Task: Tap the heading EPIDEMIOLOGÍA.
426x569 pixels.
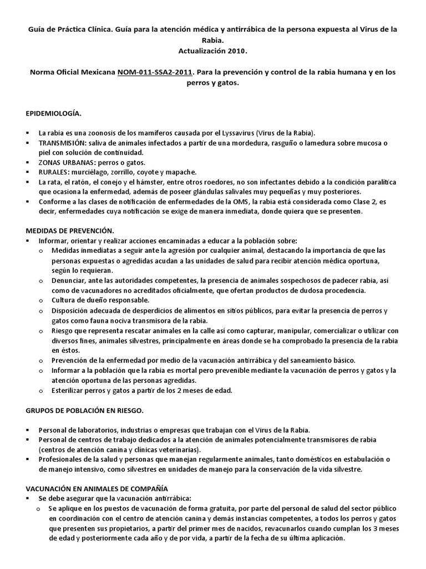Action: click(x=54, y=113)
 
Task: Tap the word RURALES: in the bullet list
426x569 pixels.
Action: click(x=54, y=172)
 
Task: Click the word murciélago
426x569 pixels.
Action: click(x=88, y=172)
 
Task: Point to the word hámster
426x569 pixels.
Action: click(x=168, y=182)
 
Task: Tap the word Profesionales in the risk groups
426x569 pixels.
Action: click(x=59, y=459)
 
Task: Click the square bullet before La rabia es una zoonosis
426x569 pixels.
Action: click(x=28, y=133)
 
